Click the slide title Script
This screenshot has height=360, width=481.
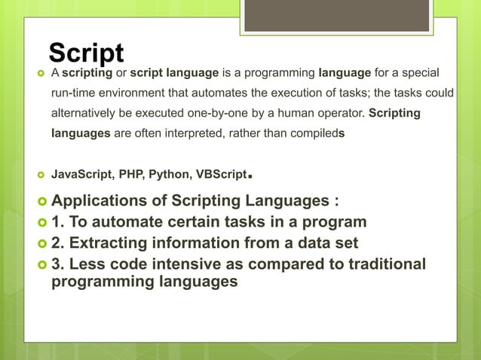tap(86, 53)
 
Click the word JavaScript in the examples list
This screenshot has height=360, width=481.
tap(78, 175)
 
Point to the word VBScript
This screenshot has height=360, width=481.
tap(221, 175)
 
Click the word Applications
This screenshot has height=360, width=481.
tap(101, 202)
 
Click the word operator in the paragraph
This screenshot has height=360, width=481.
tap(340, 114)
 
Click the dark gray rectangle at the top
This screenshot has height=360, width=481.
tap(336, 15)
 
